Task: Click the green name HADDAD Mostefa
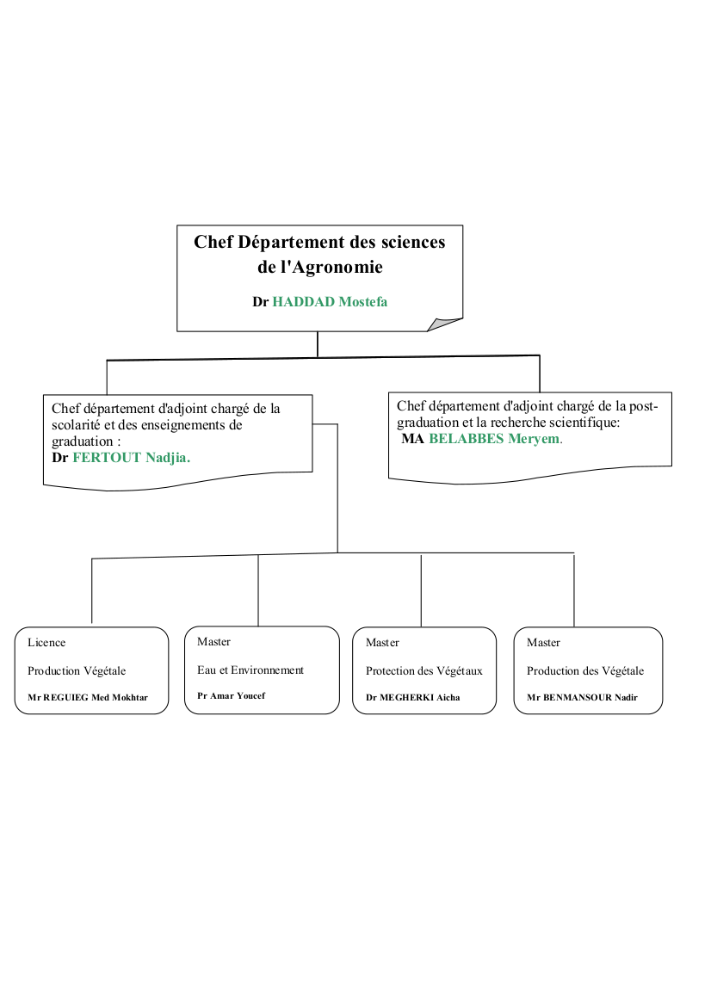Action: click(330, 301)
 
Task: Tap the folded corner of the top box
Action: click(445, 324)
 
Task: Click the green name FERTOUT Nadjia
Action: click(132, 458)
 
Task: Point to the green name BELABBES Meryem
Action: click(496, 439)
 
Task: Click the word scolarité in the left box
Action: click(76, 425)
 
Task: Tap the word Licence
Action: click(46, 642)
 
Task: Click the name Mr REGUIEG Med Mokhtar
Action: click(88, 697)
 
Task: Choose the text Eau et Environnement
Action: click(250, 670)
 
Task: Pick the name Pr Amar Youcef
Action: click(231, 695)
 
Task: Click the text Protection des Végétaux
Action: click(424, 671)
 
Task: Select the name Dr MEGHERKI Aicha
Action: click(412, 697)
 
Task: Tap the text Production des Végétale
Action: click(585, 671)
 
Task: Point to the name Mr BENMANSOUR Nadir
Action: click(582, 697)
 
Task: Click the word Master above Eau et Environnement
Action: click(213, 642)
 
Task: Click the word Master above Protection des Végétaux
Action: click(382, 642)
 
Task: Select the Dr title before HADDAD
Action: click(261, 301)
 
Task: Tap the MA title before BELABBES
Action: click(412, 439)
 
